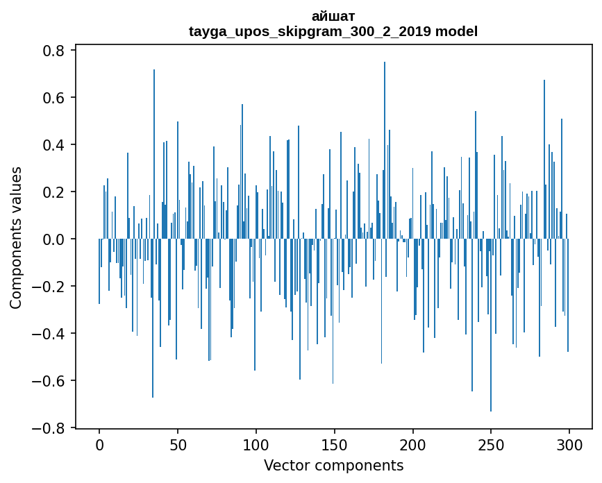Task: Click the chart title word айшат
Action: point(333,16)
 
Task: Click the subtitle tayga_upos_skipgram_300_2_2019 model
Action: point(333,31)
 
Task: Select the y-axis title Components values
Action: point(16,238)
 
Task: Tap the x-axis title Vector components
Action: point(333,465)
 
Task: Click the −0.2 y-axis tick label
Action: point(49,287)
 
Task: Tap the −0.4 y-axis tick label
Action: point(49,334)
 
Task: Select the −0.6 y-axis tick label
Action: point(49,381)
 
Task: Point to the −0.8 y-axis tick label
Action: point(49,428)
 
